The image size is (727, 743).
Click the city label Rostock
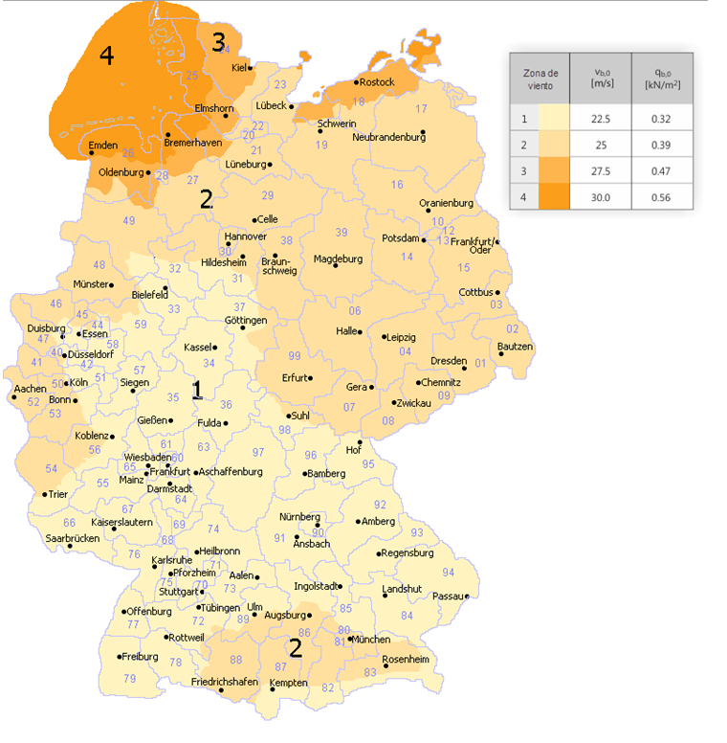[x=377, y=82]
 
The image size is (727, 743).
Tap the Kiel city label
[x=239, y=67]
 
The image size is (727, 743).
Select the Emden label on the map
[x=102, y=146]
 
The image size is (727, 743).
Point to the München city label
[x=370, y=639]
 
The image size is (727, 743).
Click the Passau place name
[x=448, y=596]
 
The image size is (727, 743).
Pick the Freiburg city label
[x=139, y=657]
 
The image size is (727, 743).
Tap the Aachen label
[x=30, y=389]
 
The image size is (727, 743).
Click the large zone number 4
[x=106, y=56]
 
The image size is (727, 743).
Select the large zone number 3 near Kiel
[x=218, y=42]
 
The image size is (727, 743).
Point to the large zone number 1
[x=197, y=390]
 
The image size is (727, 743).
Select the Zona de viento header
[x=540, y=79]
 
